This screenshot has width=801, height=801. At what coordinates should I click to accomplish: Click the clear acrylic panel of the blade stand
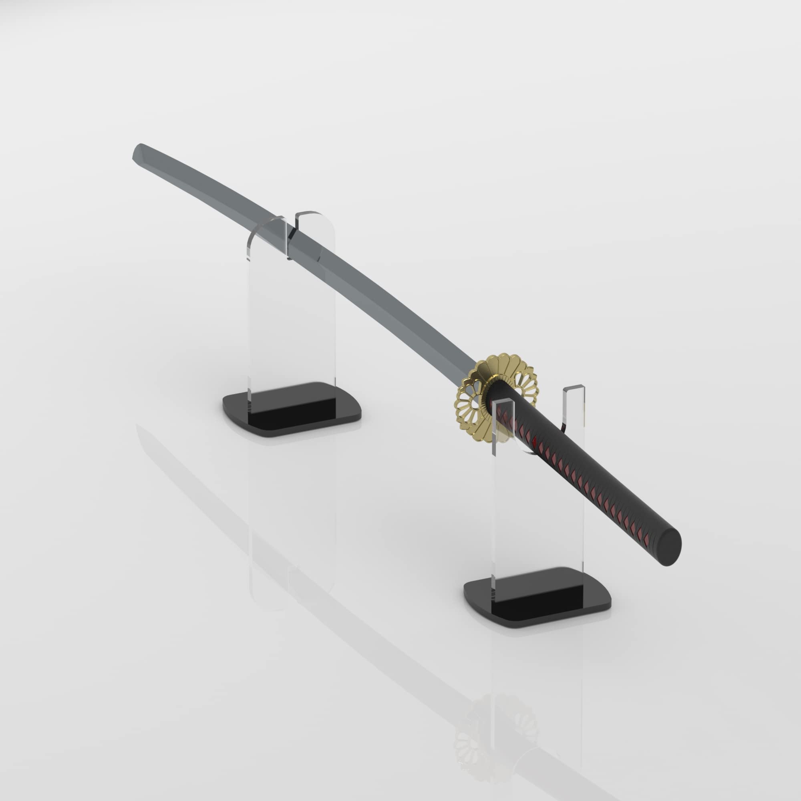coord(290,332)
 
